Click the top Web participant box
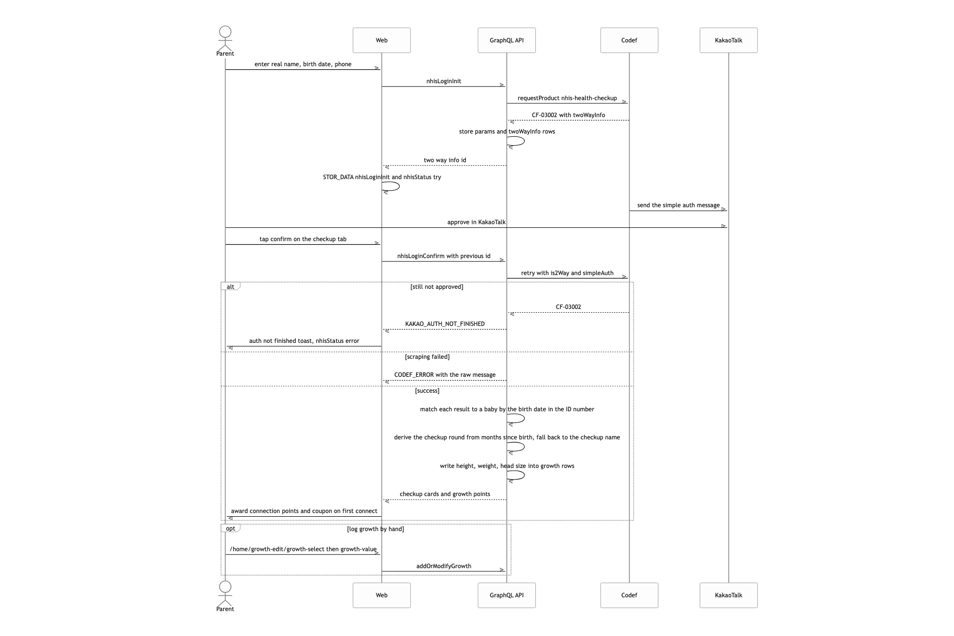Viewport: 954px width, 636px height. (x=382, y=40)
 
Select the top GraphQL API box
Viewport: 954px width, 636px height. (x=507, y=40)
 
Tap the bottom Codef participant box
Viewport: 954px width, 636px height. (x=629, y=595)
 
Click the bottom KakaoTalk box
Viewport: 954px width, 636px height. (x=729, y=595)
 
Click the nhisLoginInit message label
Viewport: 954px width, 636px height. (x=444, y=81)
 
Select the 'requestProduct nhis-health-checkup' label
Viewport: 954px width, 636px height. (x=567, y=98)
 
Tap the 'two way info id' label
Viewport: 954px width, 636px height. (x=445, y=160)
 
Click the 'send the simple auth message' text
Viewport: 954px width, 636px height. (x=678, y=205)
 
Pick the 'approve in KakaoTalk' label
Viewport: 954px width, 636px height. (x=476, y=222)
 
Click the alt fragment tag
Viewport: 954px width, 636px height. (x=231, y=286)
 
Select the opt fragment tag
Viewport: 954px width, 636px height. (x=231, y=528)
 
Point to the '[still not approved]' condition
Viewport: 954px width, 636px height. (x=437, y=287)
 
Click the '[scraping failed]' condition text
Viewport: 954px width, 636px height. (x=427, y=357)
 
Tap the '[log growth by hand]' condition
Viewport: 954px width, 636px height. (x=375, y=529)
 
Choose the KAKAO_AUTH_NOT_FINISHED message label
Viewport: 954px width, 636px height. (x=445, y=324)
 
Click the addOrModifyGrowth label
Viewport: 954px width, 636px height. (x=444, y=566)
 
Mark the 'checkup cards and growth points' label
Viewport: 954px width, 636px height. (x=445, y=494)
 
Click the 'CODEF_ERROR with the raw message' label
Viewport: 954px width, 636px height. (x=445, y=375)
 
